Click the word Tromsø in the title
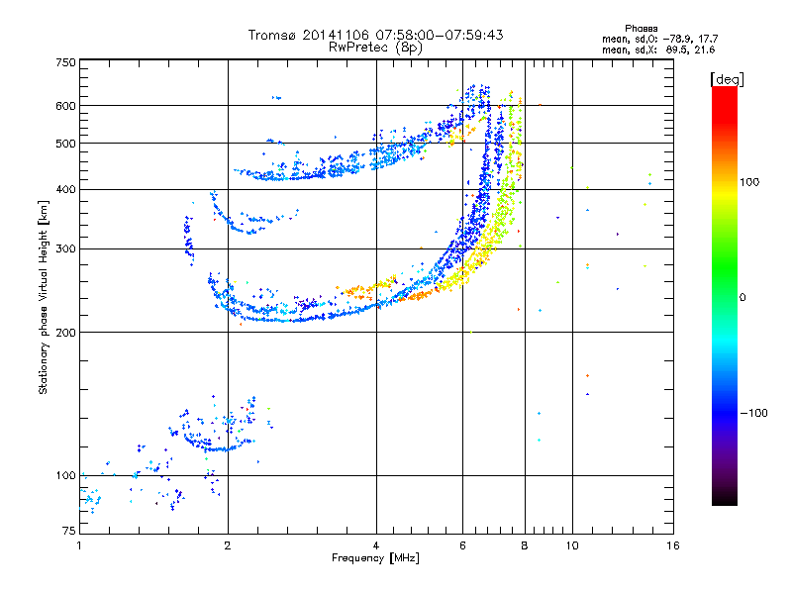(271, 35)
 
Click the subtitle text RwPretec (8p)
(375, 47)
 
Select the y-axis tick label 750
(65, 62)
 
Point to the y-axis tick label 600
(65, 106)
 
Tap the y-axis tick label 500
(65, 144)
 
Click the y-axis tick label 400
(65, 189)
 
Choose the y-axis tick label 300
(65, 248)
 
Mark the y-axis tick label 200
(65, 332)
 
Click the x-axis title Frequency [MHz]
(375, 559)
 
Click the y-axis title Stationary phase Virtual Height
(44, 297)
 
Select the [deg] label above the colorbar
(727, 78)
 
